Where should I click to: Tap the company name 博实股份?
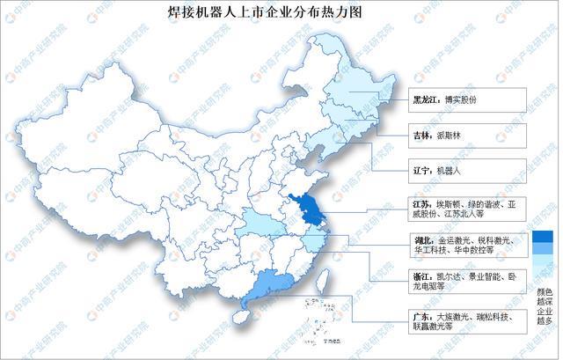437,99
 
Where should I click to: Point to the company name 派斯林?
428,136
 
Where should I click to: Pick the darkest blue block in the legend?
538,235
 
